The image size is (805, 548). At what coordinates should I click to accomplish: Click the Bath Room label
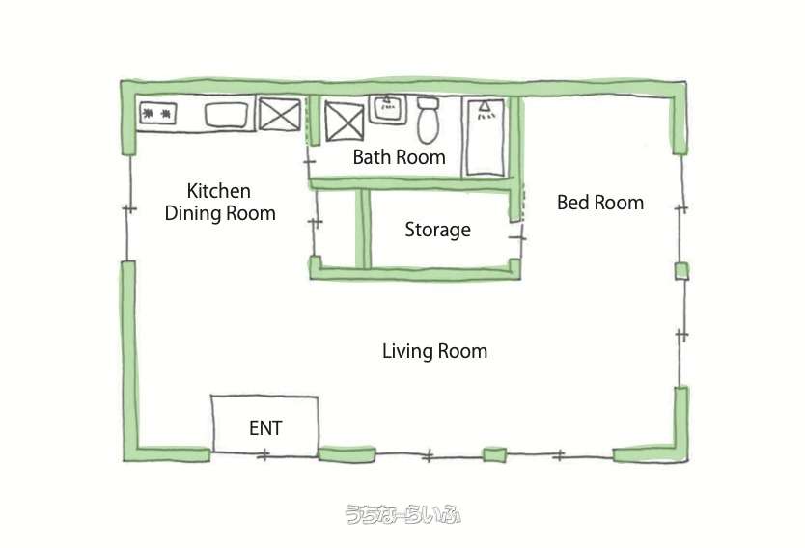[x=399, y=157]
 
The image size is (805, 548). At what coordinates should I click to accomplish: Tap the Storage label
[x=437, y=230]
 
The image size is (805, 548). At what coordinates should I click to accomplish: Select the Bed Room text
[x=600, y=203]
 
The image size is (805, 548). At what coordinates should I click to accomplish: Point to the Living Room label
[x=435, y=351]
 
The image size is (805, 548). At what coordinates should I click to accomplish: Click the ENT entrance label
[x=265, y=428]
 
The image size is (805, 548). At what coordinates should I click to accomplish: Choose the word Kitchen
[x=219, y=191]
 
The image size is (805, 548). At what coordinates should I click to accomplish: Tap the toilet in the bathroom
[x=428, y=121]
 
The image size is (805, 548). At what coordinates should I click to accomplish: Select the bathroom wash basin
[x=388, y=108]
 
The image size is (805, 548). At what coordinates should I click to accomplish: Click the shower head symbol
[x=485, y=110]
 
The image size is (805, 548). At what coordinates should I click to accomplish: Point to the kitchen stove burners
[x=157, y=114]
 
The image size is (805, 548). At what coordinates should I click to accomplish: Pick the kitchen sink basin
[x=227, y=116]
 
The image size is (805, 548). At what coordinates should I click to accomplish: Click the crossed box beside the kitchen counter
[x=279, y=115]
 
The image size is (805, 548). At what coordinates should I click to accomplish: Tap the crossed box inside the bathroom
[x=345, y=122]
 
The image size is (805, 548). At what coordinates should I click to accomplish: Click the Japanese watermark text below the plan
[x=402, y=514]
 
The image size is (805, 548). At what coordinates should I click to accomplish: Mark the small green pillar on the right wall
[x=681, y=271]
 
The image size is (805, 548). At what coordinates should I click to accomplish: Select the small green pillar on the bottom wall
[x=495, y=455]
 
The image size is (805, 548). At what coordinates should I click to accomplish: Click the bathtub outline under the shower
[x=485, y=137]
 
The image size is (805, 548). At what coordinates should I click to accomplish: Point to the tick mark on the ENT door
[x=264, y=454]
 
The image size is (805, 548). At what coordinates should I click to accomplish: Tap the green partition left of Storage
[x=363, y=229]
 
